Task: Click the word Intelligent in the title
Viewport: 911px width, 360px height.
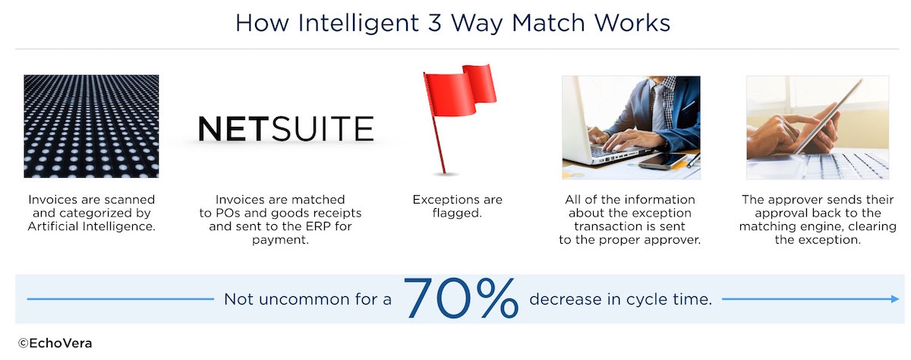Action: point(358,24)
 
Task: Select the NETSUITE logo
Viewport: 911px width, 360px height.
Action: point(285,128)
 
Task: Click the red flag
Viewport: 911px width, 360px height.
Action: point(459,118)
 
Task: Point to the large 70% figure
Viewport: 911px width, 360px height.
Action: point(461,298)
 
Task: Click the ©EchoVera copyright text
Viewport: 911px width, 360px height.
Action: point(55,343)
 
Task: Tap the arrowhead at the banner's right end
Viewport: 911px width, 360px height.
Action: point(895,299)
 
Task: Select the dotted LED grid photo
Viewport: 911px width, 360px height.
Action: point(91,126)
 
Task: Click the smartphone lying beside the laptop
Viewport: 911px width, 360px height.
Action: point(662,161)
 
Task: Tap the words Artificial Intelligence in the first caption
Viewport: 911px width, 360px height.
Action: point(92,226)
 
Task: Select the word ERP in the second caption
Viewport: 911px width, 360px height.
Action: point(317,226)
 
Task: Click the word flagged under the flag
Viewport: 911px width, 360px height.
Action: point(457,213)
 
